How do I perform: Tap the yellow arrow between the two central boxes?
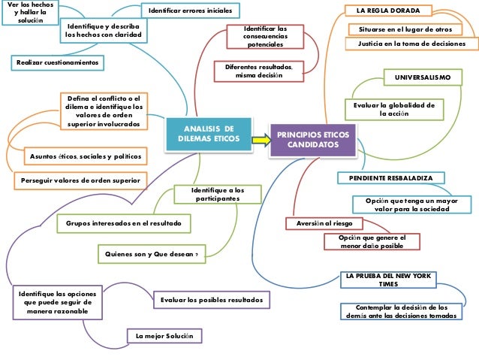[260, 138]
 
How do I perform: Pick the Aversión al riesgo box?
[324, 223]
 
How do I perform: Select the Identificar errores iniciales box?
[190, 11]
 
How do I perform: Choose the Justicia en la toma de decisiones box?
[411, 44]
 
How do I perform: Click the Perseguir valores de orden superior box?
[79, 181]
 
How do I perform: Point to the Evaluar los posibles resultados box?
[212, 300]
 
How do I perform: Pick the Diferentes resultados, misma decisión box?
[258, 71]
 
